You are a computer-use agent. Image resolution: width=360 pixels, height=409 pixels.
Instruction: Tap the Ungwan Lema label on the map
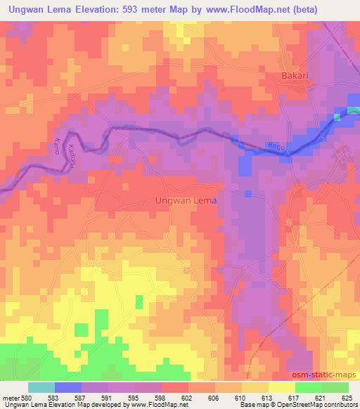pyautogui.click(x=186, y=200)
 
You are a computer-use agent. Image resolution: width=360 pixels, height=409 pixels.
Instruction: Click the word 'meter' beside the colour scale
pyautogui.click(x=11, y=398)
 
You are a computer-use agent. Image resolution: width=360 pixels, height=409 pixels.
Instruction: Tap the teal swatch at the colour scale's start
pyautogui.click(x=41, y=387)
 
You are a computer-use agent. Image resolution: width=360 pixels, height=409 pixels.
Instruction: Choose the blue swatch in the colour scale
pyautogui.click(x=68, y=387)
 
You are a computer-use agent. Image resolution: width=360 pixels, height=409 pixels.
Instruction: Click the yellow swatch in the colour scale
pyautogui.click(x=281, y=387)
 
